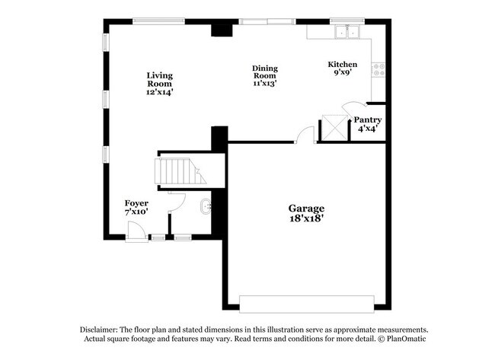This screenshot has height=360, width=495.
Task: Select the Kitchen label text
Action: [x=342, y=65]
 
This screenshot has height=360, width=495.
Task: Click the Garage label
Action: [x=306, y=208]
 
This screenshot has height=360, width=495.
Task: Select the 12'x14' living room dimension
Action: [x=160, y=92]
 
